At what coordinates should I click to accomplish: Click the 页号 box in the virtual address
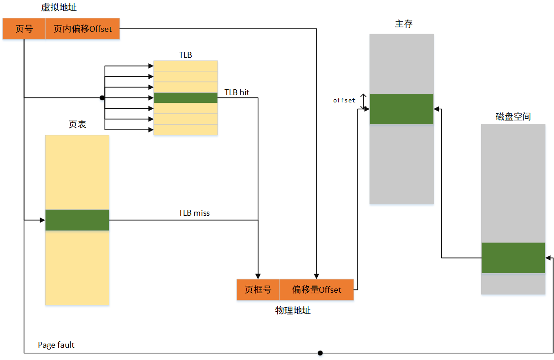pyautogui.click(x=24, y=29)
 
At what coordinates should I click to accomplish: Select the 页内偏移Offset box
pyautogui.click(x=82, y=29)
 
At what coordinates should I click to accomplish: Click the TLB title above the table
pyautogui.click(x=185, y=55)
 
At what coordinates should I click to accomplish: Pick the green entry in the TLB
pyautogui.click(x=186, y=98)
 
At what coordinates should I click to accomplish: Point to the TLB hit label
pyautogui.click(x=237, y=92)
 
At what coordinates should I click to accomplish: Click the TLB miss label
pyautogui.click(x=194, y=213)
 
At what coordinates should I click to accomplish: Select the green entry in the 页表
pyautogui.click(x=77, y=220)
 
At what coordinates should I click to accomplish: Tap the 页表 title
pyautogui.click(x=77, y=124)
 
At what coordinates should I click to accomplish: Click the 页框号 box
pyautogui.click(x=258, y=289)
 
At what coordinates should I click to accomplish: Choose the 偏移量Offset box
pyautogui.click(x=316, y=289)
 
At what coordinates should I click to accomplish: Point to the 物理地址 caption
pyautogui.click(x=293, y=310)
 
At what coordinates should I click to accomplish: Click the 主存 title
pyautogui.click(x=404, y=24)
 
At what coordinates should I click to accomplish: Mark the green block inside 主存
pyautogui.click(x=402, y=109)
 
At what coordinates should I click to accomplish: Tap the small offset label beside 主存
pyautogui.click(x=344, y=100)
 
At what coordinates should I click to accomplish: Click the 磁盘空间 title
pyautogui.click(x=513, y=117)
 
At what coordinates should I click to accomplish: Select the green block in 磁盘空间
pyautogui.click(x=513, y=258)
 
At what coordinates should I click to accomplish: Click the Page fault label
pyautogui.click(x=56, y=345)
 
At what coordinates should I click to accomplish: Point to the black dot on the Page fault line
pyautogui.click(x=320, y=353)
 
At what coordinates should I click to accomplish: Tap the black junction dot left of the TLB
pyautogui.click(x=102, y=98)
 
